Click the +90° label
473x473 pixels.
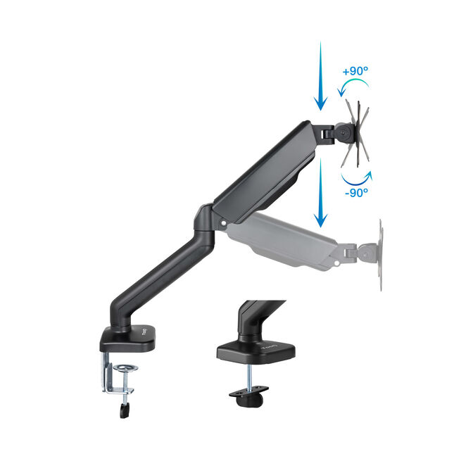pyautogui.click(x=355, y=72)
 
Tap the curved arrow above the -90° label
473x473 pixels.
pyautogui.click(x=358, y=174)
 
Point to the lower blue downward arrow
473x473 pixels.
pyautogui.click(x=320, y=193)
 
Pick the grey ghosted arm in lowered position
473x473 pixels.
pyautogui.click(x=282, y=239)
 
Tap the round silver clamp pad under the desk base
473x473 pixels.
pyautogui.click(x=127, y=369)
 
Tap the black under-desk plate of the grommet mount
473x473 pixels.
pyautogui.click(x=250, y=394)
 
